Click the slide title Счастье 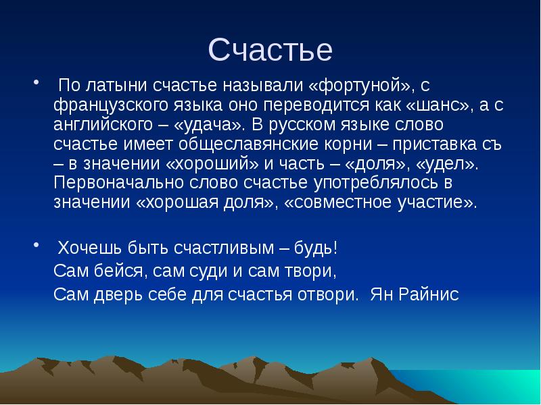270,50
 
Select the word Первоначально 112,184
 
